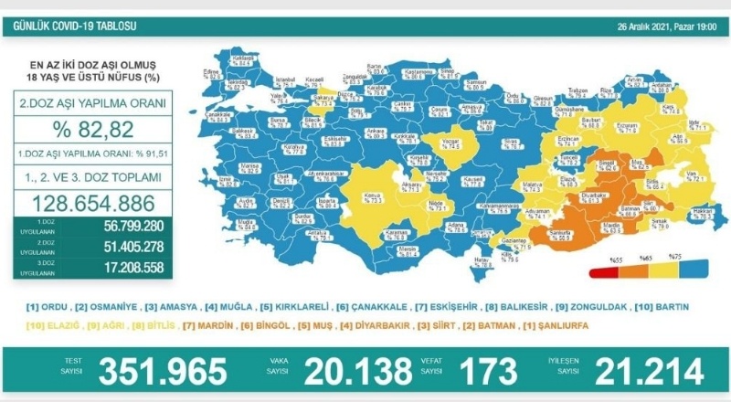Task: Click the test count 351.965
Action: [162, 372]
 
